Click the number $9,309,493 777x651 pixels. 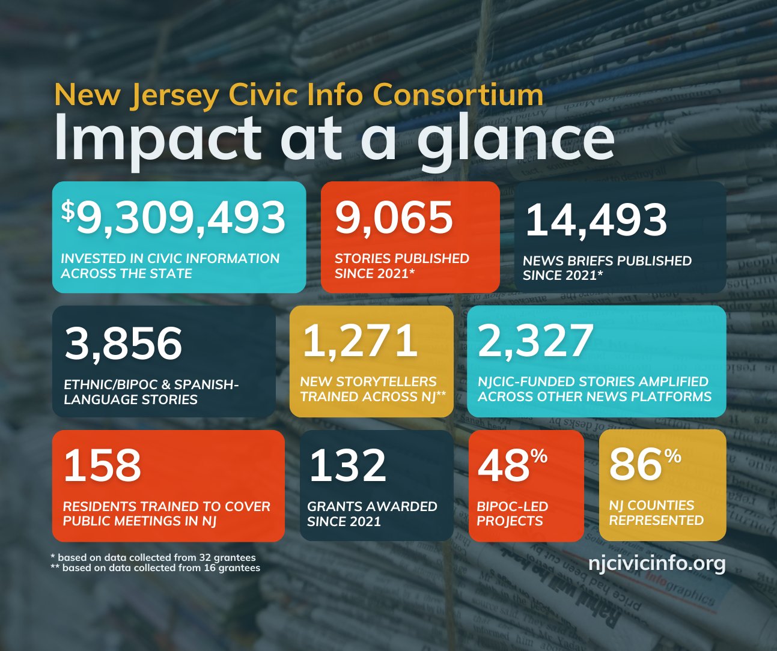point(174,218)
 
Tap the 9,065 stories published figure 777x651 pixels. point(394,217)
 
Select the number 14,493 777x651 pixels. point(596,220)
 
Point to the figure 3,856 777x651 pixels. point(123,344)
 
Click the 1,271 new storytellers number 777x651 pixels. point(359,341)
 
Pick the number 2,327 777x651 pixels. point(535,341)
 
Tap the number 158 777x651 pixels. point(102,465)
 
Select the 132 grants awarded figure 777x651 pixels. point(348,465)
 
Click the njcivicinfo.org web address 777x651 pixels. point(657,563)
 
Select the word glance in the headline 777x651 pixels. point(516,139)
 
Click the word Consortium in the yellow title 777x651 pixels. point(458,95)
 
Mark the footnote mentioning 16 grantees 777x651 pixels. point(156,568)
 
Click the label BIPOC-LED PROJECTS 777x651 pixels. point(512,513)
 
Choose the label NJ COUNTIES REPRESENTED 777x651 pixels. point(656,513)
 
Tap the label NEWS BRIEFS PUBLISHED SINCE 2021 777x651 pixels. point(607,268)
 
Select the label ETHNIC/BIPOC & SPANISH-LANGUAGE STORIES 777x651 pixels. point(151,392)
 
